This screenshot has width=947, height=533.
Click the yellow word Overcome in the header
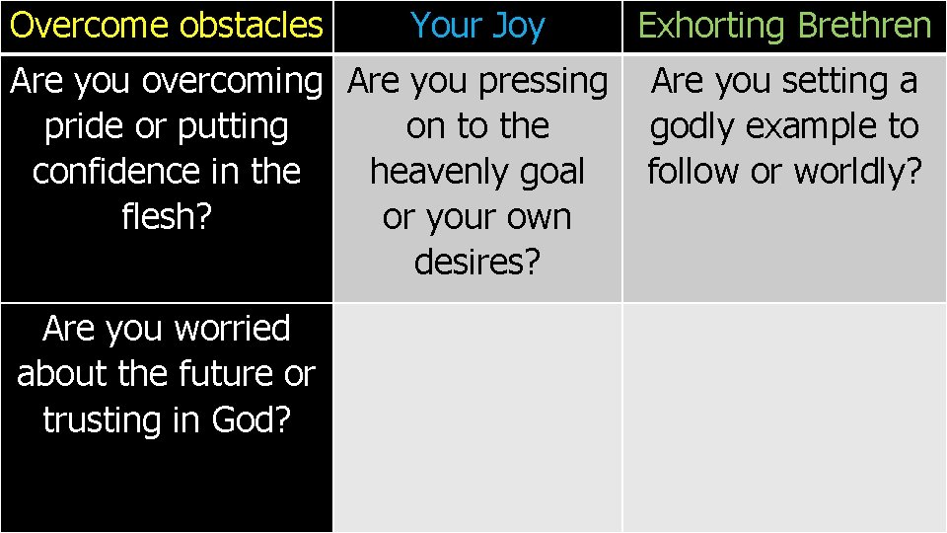pos(90,25)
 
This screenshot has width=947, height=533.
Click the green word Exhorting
pos(713,25)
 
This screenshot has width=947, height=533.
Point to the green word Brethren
pos(864,25)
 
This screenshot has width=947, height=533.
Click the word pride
pos(81,126)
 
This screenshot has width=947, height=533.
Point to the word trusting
pos(109,419)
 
